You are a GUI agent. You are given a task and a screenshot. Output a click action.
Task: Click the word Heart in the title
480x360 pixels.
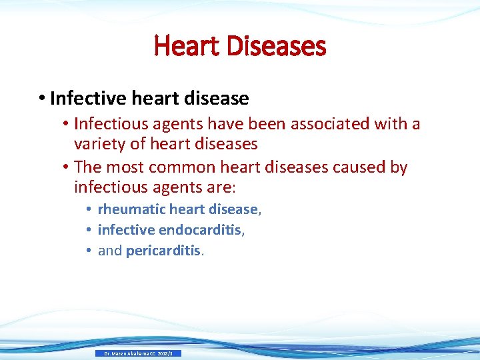[186, 46]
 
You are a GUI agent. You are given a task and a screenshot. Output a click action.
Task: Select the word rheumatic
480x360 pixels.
[131, 209]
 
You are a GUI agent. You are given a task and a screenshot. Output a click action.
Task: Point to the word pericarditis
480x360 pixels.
[163, 251]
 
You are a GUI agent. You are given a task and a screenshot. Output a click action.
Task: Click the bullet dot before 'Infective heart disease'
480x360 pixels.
[42, 99]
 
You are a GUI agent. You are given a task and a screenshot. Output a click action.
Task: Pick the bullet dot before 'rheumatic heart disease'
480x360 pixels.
[89, 209]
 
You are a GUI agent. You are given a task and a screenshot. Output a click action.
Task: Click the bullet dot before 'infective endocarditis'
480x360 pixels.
[89, 230]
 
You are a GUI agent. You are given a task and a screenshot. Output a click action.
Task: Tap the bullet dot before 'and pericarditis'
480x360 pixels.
[89, 251]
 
